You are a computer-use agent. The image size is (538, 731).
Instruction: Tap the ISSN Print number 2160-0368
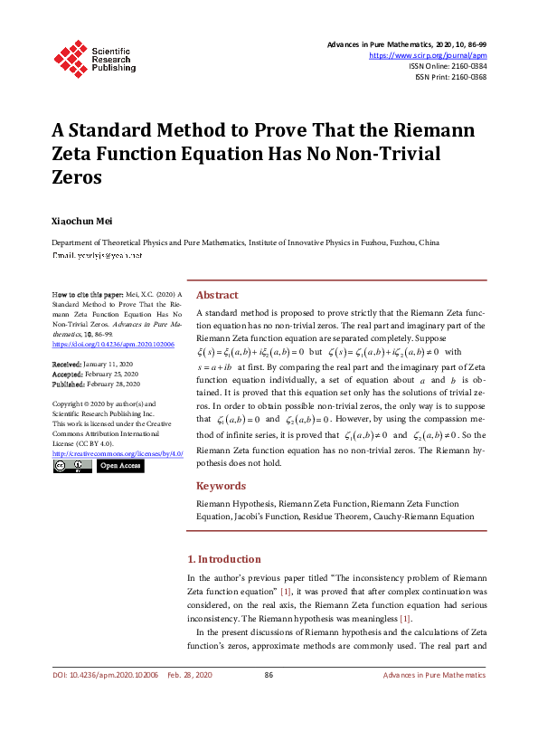point(464,77)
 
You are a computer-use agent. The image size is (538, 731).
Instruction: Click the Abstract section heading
point(217,295)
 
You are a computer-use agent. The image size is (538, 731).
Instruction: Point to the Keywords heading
point(222,485)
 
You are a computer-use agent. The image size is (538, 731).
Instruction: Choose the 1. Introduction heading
point(223,559)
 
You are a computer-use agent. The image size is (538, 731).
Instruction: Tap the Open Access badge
point(119,466)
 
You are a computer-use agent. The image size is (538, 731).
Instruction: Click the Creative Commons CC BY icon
point(72,466)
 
